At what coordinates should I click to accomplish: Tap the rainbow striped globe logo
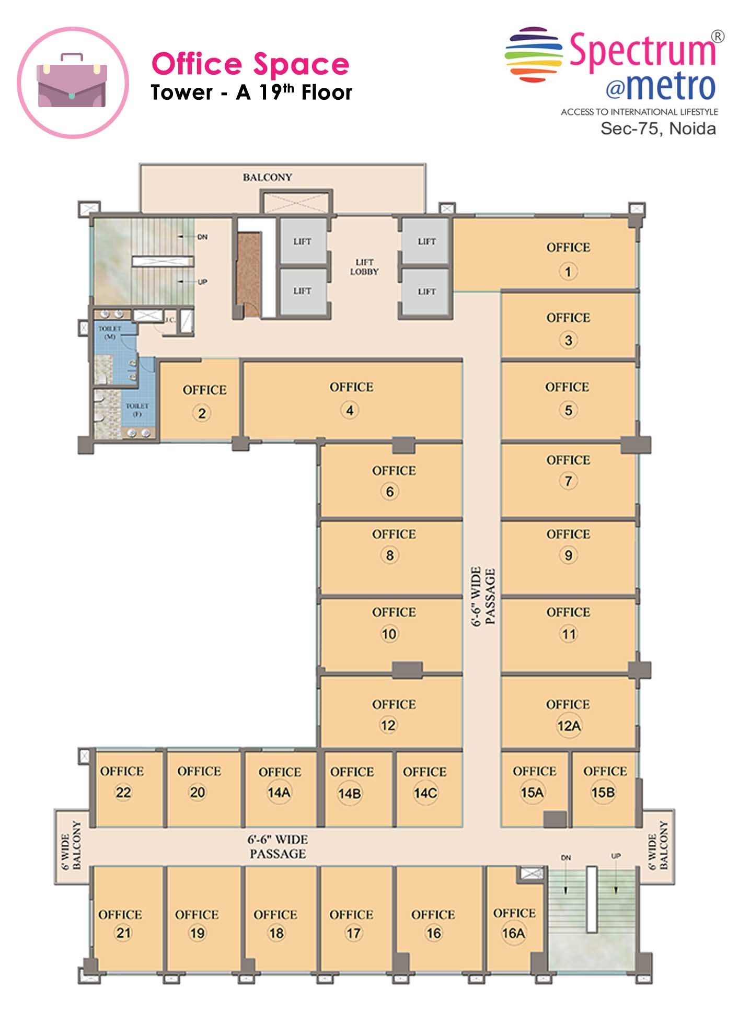point(534,55)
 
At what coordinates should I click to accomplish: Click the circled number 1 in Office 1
point(568,272)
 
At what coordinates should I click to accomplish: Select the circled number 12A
point(569,726)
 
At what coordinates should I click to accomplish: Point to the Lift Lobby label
point(364,267)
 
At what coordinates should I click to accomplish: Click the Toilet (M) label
point(110,332)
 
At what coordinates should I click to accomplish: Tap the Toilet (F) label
point(137,410)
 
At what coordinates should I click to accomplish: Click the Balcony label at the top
point(267,177)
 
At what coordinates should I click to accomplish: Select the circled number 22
point(123,793)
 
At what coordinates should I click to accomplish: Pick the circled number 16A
point(513,933)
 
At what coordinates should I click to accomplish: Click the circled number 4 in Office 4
point(350,411)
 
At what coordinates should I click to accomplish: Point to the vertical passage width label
point(483,597)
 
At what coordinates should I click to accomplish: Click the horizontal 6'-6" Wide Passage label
point(278,846)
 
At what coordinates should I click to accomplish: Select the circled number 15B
point(603,793)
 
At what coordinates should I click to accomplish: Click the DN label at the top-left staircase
point(202,237)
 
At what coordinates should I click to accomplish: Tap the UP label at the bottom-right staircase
point(616,856)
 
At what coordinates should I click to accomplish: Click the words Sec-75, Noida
point(658,129)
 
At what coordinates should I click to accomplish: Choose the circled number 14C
point(425,794)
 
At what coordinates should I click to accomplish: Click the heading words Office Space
point(250,64)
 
